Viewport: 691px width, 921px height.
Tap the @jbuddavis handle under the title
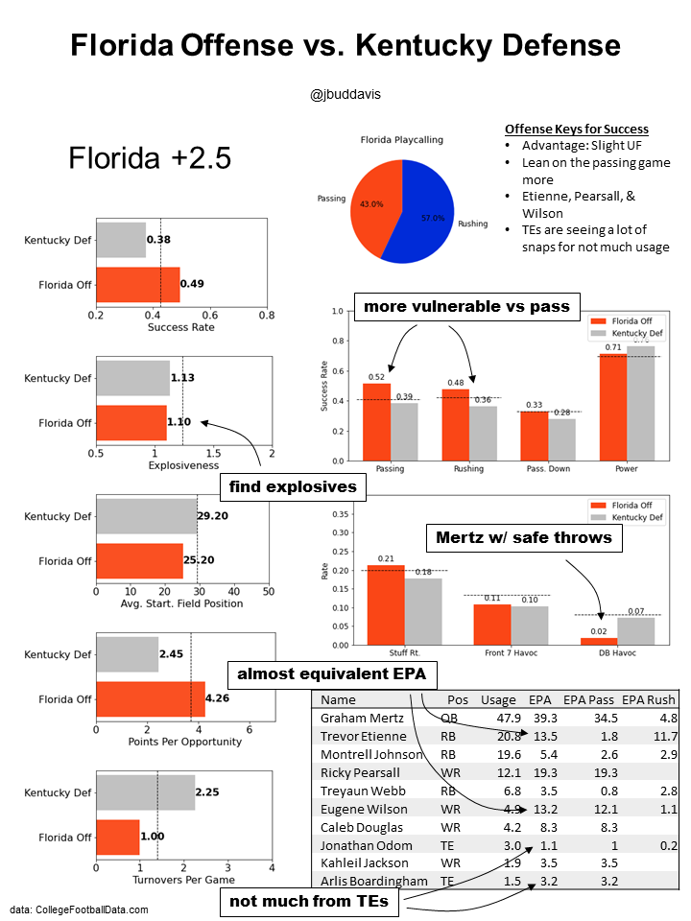click(345, 95)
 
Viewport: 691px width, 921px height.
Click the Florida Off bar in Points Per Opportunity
click(150, 699)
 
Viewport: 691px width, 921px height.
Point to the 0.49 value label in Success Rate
click(192, 284)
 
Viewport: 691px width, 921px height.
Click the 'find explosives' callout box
click(293, 487)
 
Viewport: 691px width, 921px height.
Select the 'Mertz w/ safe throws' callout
click(524, 537)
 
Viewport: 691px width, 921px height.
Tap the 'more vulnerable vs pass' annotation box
click(465, 307)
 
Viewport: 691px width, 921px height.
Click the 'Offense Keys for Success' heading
click(576, 130)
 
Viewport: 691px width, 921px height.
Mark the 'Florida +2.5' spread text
click(150, 158)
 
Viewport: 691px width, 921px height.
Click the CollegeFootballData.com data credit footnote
click(80, 909)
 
